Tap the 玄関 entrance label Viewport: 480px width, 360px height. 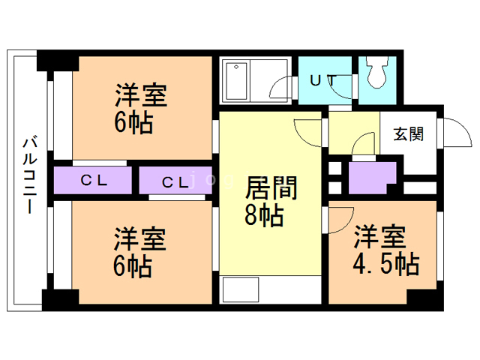click(x=409, y=134)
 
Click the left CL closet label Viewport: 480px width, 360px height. click(x=94, y=181)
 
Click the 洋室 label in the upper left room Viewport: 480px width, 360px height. click(x=140, y=96)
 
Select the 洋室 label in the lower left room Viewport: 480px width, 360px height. click(x=139, y=239)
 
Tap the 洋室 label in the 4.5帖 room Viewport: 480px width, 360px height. click(x=381, y=237)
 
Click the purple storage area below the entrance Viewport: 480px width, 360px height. click(x=370, y=178)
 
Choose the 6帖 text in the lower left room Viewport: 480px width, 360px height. click(x=132, y=266)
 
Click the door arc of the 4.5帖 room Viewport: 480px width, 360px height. click(x=341, y=215)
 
